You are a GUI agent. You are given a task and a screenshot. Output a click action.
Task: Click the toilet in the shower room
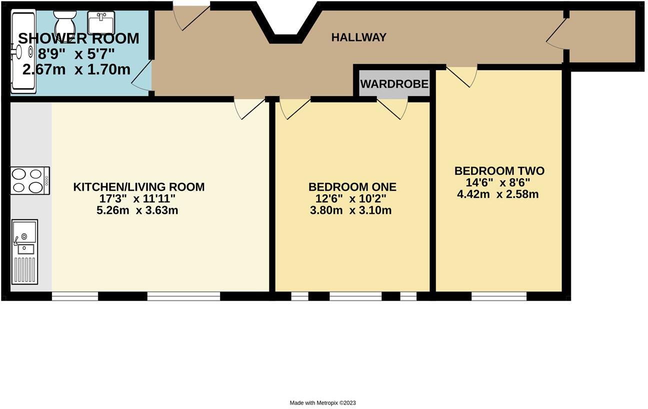pos(64,23)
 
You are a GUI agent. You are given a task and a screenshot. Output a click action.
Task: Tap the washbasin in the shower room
pos(101,23)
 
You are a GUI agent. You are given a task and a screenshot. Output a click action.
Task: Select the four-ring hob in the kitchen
pos(30,180)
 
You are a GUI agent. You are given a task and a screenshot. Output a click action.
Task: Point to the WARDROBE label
pos(394,84)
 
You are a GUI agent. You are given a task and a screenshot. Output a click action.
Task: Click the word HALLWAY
pos(359,38)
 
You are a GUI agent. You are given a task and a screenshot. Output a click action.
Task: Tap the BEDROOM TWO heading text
pos(499,171)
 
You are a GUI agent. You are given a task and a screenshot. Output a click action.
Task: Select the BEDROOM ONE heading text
pos(352,187)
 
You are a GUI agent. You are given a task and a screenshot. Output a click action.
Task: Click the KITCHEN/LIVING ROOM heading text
pos(138,187)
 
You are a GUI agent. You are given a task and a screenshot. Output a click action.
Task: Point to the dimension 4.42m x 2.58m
pos(497,194)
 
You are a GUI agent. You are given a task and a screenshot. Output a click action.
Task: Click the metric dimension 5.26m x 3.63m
pos(137,210)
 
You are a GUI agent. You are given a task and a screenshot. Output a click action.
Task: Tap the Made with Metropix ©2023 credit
pos(322,402)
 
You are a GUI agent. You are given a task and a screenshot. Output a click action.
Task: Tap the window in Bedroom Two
pos(498,296)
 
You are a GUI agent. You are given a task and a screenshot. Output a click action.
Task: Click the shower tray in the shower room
pos(23,53)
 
